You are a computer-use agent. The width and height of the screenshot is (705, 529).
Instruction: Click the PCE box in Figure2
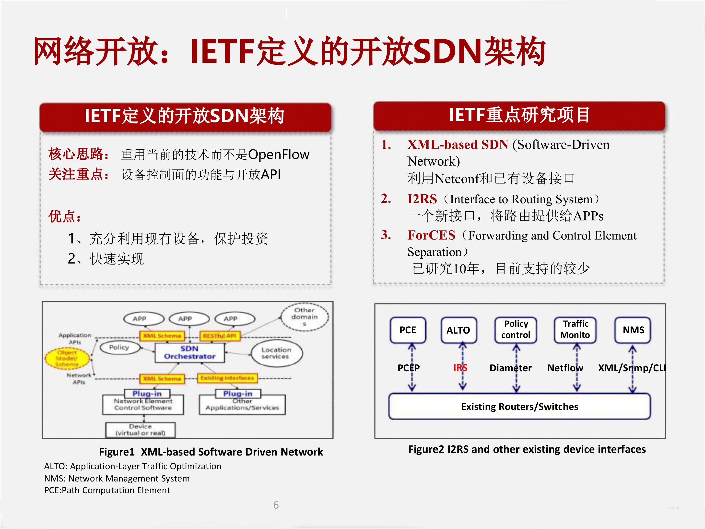click(408, 330)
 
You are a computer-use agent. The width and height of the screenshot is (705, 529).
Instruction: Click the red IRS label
click(460, 368)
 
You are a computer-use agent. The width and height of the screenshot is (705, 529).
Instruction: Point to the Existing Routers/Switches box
click(519, 407)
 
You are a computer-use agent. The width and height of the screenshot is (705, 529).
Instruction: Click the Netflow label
click(565, 368)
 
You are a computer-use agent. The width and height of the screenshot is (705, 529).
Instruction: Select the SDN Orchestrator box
click(190, 353)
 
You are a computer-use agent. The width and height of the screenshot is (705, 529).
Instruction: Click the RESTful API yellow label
click(220, 336)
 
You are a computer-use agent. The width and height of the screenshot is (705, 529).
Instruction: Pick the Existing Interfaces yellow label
click(227, 378)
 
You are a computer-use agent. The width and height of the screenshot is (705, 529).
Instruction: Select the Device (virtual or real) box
click(140, 430)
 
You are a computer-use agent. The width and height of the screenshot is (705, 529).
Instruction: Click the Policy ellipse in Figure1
click(119, 347)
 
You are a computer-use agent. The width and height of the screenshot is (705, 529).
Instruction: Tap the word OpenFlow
click(279, 155)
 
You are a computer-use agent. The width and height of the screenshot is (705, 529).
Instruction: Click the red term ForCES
click(431, 235)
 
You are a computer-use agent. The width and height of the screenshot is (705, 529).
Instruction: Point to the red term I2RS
click(422, 199)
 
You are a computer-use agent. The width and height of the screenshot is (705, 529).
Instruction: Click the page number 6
click(276, 505)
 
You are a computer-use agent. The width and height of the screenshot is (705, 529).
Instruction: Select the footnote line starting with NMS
click(117, 478)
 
